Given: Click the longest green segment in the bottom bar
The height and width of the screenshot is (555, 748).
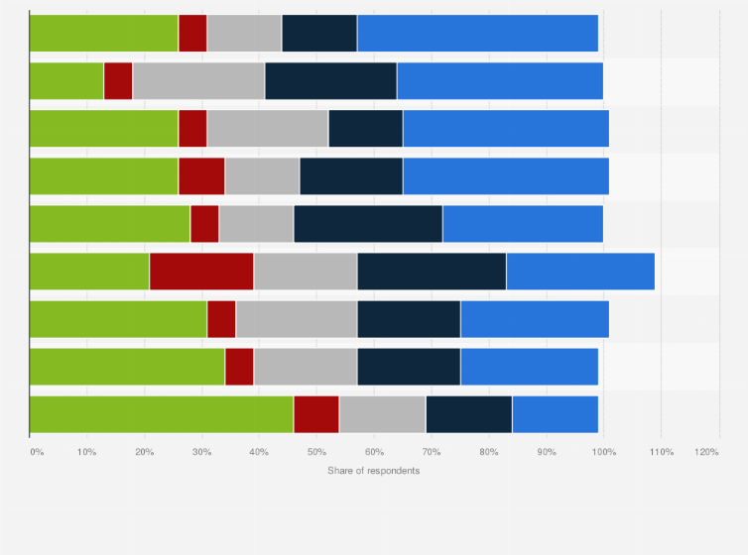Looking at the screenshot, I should pyautogui.click(x=161, y=413).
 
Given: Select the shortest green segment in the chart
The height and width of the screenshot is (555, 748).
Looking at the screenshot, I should pyautogui.click(x=66, y=80).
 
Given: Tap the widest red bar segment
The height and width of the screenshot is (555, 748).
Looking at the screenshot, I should pyautogui.click(x=201, y=271).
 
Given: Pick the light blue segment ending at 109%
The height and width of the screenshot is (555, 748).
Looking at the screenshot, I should pyautogui.click(x=580, y=271).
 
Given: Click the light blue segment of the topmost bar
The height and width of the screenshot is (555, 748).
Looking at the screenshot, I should pyautogui.click(x=477, y=33).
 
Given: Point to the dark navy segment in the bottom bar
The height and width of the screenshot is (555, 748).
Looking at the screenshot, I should pyautogui.click(x=468, y=413).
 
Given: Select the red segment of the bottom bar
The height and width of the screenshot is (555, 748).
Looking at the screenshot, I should pyautogui.click(x=316, y=413).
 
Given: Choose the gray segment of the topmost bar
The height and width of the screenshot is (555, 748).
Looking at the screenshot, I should pyautogui.click(x=244, y=33).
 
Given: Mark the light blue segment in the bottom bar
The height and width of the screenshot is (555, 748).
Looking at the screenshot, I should pyautogui.click(x=555, y=413).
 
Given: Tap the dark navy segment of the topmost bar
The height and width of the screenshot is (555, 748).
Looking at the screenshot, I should pyautogui.click(x=319, y=33).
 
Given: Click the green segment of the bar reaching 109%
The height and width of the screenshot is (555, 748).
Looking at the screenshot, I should pyautogui.click(x=89, y=271).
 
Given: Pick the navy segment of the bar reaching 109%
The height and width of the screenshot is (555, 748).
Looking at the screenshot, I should pyautogui.click(x=432, y=271).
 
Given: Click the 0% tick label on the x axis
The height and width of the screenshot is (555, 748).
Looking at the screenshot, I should pyautogui.click(x=37, y=452).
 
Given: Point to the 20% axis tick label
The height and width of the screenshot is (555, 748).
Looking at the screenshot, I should pyautogui.click(x=144, y=452).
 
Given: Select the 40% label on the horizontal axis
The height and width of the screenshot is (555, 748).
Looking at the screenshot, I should pyautogui.click(x=259, y=452).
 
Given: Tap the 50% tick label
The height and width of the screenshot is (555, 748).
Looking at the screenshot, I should pyautogui.click(x=316, y=452).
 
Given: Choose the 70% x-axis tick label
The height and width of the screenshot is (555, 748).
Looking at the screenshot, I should pyautogui.click(x=432, y=452).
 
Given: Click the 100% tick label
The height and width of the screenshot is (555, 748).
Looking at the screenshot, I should pyautogui.click(x=603, y=452).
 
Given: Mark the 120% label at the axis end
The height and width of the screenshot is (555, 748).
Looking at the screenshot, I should pyautogui.click(x=706, y=452).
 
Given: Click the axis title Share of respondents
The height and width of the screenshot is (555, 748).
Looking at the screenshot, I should pyautogui.click(x=373, y=470).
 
